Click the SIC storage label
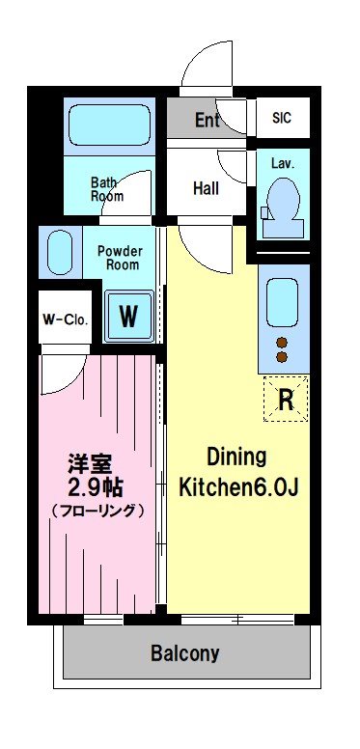click(282, 118)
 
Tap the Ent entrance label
click(208, 120)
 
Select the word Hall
click(207, 188)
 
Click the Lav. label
click(283, 163)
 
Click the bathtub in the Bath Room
click(110, 125)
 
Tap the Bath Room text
click(107, 189)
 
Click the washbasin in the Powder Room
click(60, 253)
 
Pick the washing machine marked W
click(129, 316)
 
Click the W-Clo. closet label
click(65, 319)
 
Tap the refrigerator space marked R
click(286, 400)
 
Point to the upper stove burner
click(282, 342)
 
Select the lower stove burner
click(282, 357)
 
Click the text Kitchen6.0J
click(238, 487)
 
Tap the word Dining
click(236, 458)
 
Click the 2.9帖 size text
click(96, 487)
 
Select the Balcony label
click(185, 652)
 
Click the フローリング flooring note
click(97, 512)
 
